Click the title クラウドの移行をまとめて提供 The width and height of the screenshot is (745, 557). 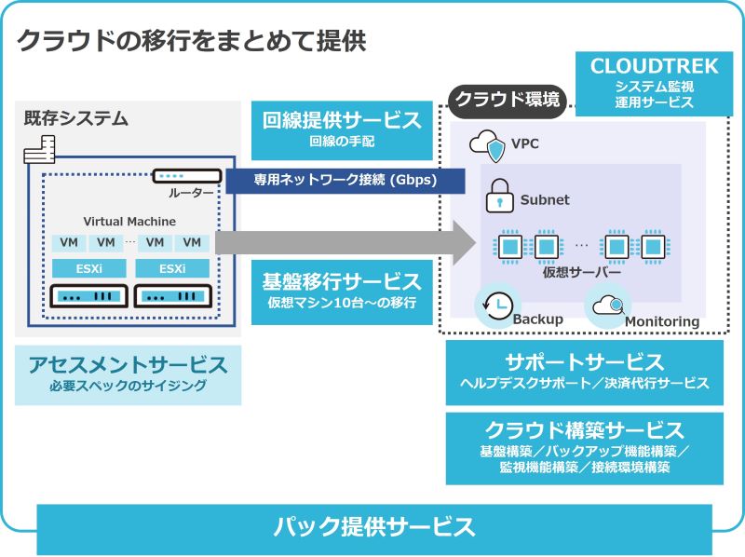click(x=192, y=41)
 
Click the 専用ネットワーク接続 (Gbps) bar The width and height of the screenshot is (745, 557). click(x=345, y=181)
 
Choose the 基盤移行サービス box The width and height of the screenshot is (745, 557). click(x=342, y=290)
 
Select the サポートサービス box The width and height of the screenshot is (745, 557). click(x=584, y=371)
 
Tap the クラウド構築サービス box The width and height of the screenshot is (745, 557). click(x=584, y=448)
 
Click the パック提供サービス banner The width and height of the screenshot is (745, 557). click(x=374, y=528)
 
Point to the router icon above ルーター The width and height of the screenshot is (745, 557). click(x=188, y=176)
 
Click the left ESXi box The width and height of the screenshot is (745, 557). click(x=82, y=268)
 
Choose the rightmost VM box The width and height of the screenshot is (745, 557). click(x=192, y=242)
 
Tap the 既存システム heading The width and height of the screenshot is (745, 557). click(x=75, y=119)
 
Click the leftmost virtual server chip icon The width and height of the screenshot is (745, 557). click(x=509, y=247)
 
